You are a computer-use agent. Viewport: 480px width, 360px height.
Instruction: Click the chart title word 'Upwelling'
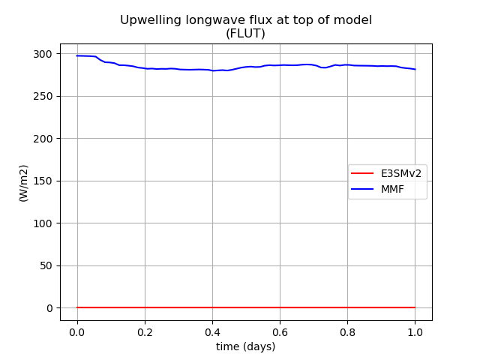151,21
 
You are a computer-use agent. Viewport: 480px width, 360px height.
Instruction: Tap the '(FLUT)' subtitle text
245,33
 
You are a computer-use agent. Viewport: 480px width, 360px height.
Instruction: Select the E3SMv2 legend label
401,173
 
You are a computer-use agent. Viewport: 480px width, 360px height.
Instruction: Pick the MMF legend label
392,189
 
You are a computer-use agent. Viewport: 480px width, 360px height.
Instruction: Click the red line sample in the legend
362,173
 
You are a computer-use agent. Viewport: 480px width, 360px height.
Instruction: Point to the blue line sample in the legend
362,189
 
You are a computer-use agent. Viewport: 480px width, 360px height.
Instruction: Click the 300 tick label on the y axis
43,54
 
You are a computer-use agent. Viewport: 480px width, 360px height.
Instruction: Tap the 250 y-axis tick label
43,97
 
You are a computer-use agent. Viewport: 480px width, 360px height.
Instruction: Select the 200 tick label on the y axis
43,139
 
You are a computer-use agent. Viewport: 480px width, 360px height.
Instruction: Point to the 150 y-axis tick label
43,181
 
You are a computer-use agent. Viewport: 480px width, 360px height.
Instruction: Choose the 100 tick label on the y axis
43,223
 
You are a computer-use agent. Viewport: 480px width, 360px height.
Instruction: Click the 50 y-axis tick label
46,265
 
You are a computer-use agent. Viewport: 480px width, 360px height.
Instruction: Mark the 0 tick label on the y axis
49,308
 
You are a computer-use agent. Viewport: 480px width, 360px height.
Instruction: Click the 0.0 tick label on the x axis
77,332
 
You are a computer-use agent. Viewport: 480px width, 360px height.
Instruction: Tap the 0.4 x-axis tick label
212,332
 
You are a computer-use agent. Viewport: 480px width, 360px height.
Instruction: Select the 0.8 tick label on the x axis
347,332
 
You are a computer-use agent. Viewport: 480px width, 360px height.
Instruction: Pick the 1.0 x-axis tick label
415,332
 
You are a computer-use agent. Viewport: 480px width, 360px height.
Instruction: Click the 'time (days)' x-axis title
246,346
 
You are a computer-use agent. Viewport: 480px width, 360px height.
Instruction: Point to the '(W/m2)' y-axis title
23,183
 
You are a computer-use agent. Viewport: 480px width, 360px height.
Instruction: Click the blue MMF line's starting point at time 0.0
77,55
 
